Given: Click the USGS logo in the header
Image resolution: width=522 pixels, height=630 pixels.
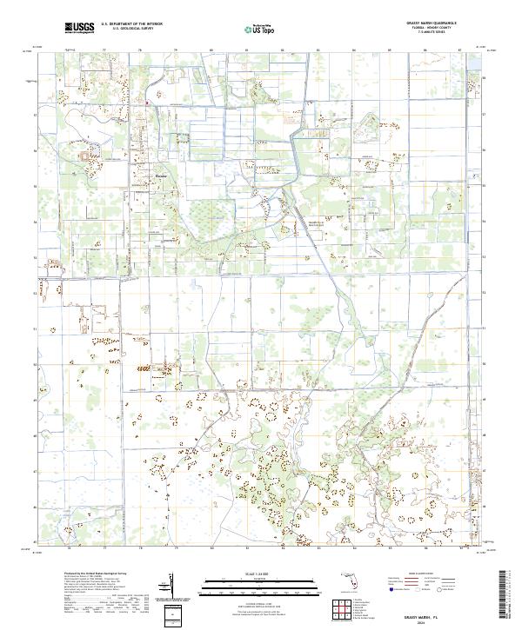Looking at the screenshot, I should point(79,28).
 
